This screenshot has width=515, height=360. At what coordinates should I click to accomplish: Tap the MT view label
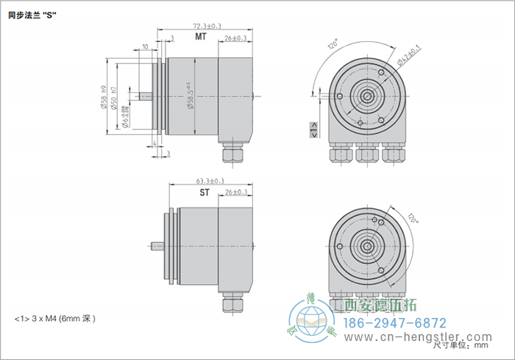(x=200, y=37)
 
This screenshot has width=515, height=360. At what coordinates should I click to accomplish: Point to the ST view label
(x=205, y=193)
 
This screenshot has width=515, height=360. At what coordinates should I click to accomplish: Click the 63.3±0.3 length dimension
(x=210, y=180)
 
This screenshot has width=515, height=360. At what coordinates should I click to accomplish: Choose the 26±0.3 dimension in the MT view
(x=235, y=38)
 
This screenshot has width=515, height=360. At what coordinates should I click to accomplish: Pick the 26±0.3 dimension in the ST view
(x=235, y=192)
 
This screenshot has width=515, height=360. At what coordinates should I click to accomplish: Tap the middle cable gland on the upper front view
(x=365, y=152)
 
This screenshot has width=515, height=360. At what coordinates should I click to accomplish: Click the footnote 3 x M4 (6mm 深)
(x=56, y=319)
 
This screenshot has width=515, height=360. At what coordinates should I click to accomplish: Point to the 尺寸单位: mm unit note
(x=462, y=344)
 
